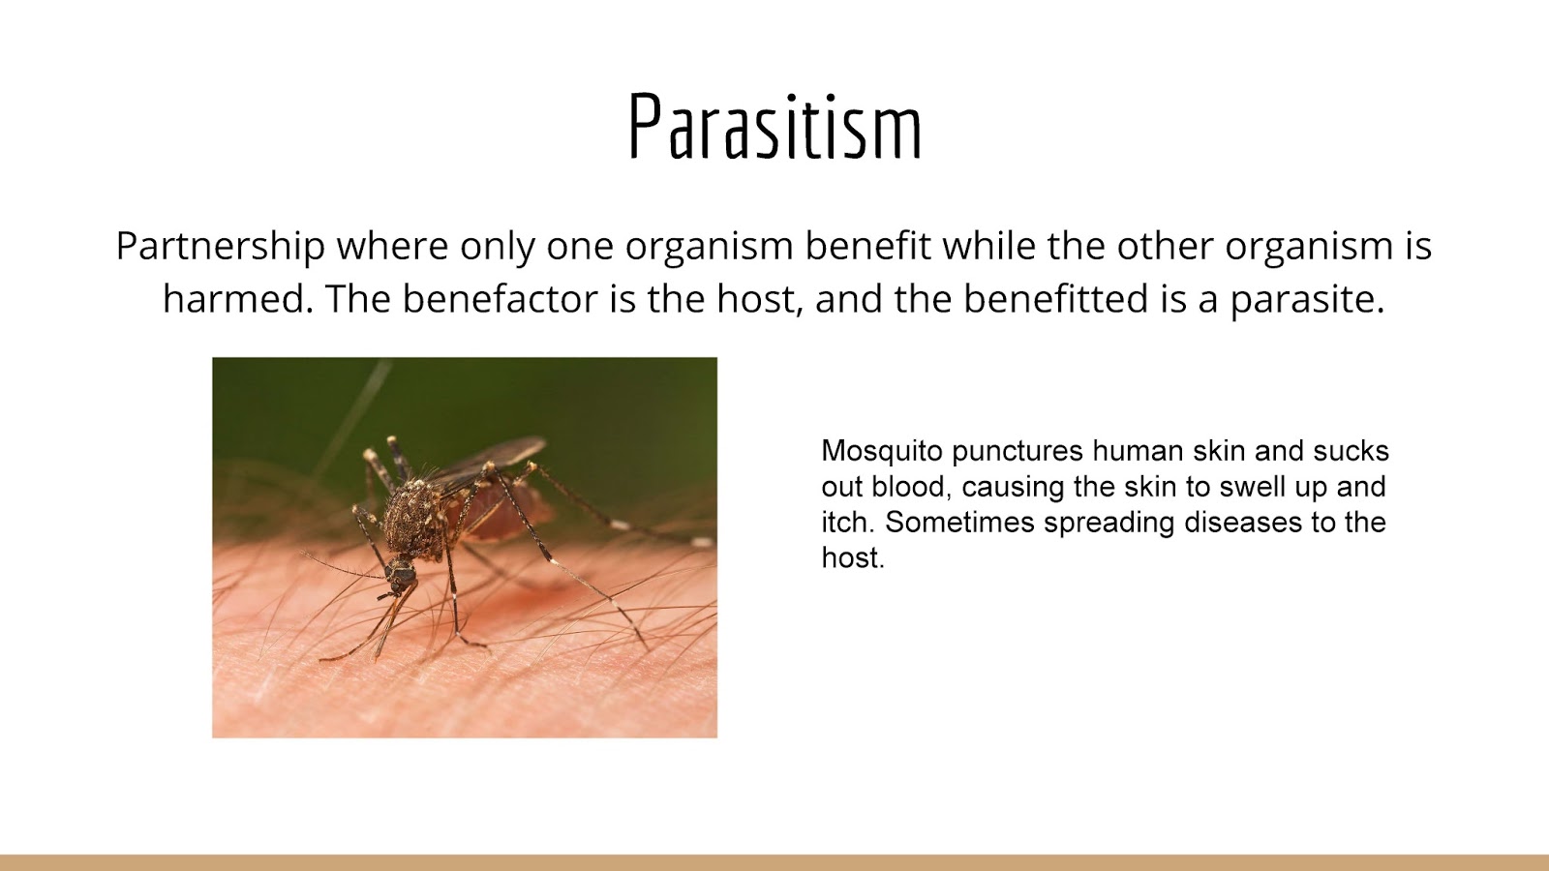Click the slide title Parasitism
point(774,127)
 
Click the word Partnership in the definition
point(220,247)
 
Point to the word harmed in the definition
point(238,299)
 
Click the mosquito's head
point(401,573)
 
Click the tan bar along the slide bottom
point(774,862)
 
